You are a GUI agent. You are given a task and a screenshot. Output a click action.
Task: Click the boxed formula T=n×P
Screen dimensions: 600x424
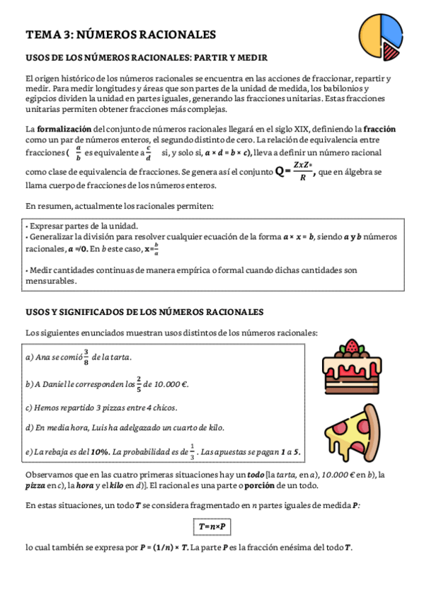212,526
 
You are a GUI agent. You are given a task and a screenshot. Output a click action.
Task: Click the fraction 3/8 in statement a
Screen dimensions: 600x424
86,357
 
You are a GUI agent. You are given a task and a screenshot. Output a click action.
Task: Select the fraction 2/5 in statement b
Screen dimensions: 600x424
139,383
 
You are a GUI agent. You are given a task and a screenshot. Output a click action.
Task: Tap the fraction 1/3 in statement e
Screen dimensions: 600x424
191,451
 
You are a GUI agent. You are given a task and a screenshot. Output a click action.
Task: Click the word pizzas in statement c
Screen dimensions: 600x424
117,408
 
